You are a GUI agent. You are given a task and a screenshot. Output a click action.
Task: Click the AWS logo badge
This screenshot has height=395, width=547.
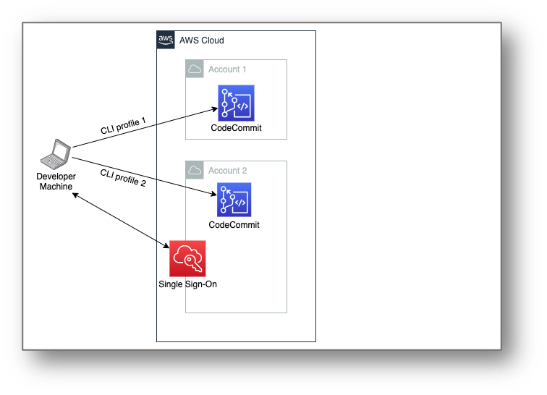(166, 40)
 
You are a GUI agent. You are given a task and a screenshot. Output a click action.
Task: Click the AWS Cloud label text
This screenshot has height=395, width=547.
(202, 41)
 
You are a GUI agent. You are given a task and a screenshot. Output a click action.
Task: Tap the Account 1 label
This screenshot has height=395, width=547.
(227, 69)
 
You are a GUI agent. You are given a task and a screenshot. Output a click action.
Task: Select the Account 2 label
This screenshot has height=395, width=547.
(227, 171)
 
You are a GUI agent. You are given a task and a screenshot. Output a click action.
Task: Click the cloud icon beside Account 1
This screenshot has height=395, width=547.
(194, 69)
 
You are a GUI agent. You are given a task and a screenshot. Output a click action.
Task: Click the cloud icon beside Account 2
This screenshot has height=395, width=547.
(194, 171)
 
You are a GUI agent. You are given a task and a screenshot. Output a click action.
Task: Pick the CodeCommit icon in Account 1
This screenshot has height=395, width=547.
(236, 103)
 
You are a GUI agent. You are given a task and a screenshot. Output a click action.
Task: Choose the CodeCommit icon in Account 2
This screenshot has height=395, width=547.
(234, 200)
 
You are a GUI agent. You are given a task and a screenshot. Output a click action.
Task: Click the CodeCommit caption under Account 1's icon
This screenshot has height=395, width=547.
(236, 128)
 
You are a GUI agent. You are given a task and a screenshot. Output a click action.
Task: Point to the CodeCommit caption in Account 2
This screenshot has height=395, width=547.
(234, 225)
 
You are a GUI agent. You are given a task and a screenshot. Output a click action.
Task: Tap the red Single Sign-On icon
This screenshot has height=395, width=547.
(187, 259)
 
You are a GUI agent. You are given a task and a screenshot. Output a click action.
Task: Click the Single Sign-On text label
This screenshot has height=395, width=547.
(187, 284)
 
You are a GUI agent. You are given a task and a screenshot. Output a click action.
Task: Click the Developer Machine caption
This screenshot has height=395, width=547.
(56, 182)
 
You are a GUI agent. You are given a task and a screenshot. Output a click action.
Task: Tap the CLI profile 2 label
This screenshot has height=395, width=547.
(123, 177)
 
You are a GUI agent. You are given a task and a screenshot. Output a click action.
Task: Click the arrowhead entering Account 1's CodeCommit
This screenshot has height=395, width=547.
(215, 109)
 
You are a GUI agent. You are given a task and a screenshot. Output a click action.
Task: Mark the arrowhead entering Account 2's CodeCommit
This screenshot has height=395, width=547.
(213, 193)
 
